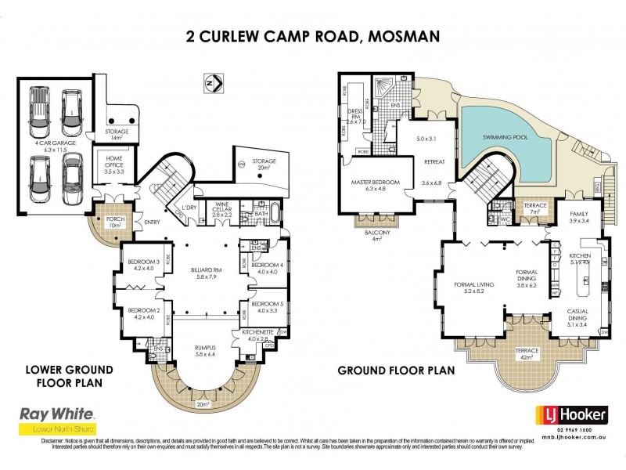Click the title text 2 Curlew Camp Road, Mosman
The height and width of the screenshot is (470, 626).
313,35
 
